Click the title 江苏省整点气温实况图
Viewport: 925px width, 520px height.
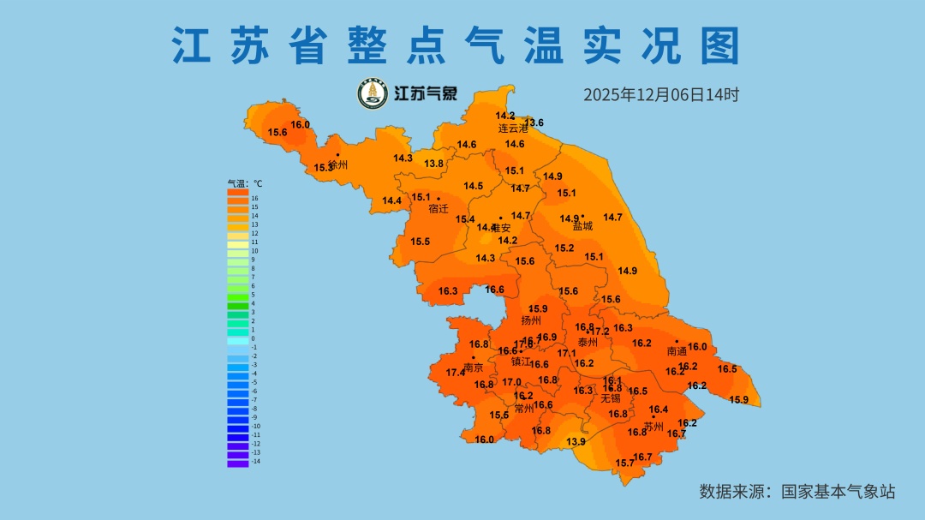456,45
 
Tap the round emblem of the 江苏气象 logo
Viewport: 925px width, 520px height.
372,93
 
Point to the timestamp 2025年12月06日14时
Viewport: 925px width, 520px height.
660,94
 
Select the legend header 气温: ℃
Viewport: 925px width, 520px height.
245,183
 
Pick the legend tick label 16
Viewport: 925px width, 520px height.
254,199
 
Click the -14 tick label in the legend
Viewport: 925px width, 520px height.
256,462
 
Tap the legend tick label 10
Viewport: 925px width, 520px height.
254,251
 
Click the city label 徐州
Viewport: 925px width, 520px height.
338,164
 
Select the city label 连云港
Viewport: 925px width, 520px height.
514,129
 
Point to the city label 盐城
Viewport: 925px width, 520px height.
582,226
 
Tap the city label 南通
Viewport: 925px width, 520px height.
677,351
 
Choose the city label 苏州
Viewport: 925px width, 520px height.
653,427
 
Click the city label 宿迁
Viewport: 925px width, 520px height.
439,208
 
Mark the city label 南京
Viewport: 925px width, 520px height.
473,368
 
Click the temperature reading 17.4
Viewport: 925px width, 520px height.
456,373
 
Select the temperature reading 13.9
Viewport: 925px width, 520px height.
576,442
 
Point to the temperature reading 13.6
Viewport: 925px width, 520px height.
534,123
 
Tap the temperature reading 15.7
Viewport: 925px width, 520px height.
625,463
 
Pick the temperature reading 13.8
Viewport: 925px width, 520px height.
434,164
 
